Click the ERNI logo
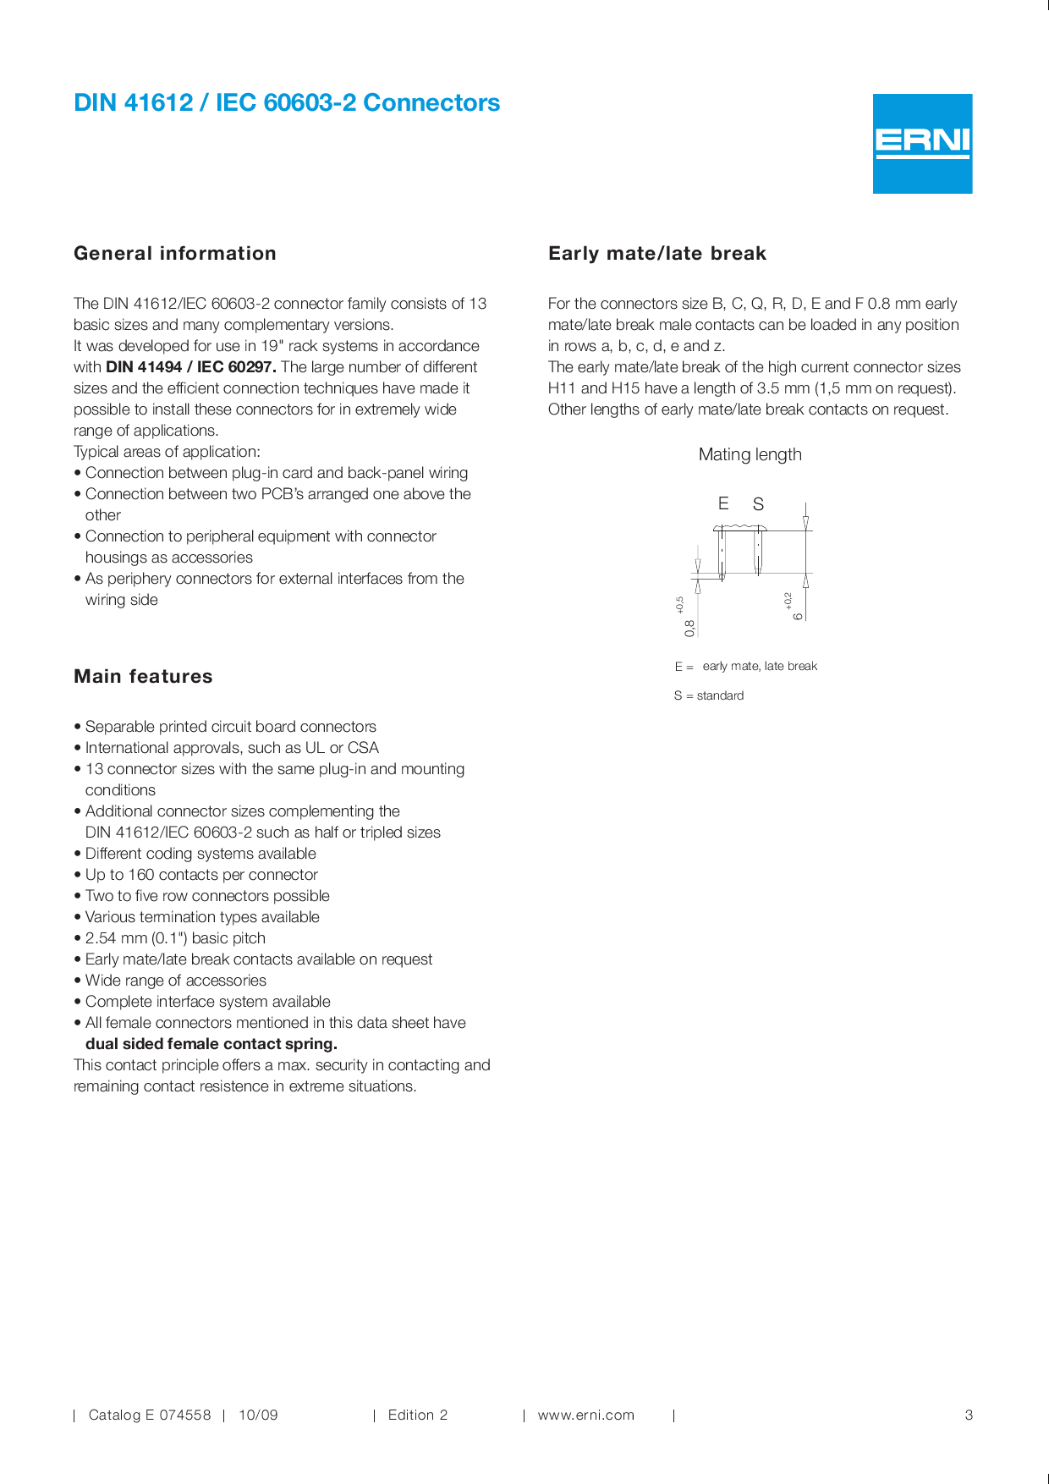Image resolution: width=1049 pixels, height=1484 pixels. coord(922,143)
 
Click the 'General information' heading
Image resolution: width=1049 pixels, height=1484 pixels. coord(175,254)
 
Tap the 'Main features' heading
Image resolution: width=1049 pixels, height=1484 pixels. coord(143,677)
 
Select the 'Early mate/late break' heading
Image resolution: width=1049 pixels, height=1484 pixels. coord(657,254)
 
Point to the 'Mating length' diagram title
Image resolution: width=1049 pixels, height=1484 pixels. coord(750,454)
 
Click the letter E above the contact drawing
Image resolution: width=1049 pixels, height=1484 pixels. coord(723,503)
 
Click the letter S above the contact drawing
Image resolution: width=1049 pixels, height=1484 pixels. coord(758,504)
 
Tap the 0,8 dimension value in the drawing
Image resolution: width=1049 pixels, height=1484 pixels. coord(690,628)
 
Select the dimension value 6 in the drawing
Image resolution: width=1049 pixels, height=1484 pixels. coord(798,615)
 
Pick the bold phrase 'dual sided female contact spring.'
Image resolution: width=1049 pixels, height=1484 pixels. coord(211,1044)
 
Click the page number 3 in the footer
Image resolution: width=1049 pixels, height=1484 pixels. coord(969,1415)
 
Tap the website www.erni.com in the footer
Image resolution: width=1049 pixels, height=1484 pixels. coord(585,1415)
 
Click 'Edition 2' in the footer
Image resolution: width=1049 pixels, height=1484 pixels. coord(418,1415)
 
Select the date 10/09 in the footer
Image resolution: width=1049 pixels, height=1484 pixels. coord(258,1415)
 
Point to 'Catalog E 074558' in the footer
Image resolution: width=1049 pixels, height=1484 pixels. coord(150,1415)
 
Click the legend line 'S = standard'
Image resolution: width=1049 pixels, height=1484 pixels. coord(709,695)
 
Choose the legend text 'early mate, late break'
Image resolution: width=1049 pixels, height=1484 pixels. coord(760,666)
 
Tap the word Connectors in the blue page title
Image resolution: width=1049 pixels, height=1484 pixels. coord(431,103)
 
